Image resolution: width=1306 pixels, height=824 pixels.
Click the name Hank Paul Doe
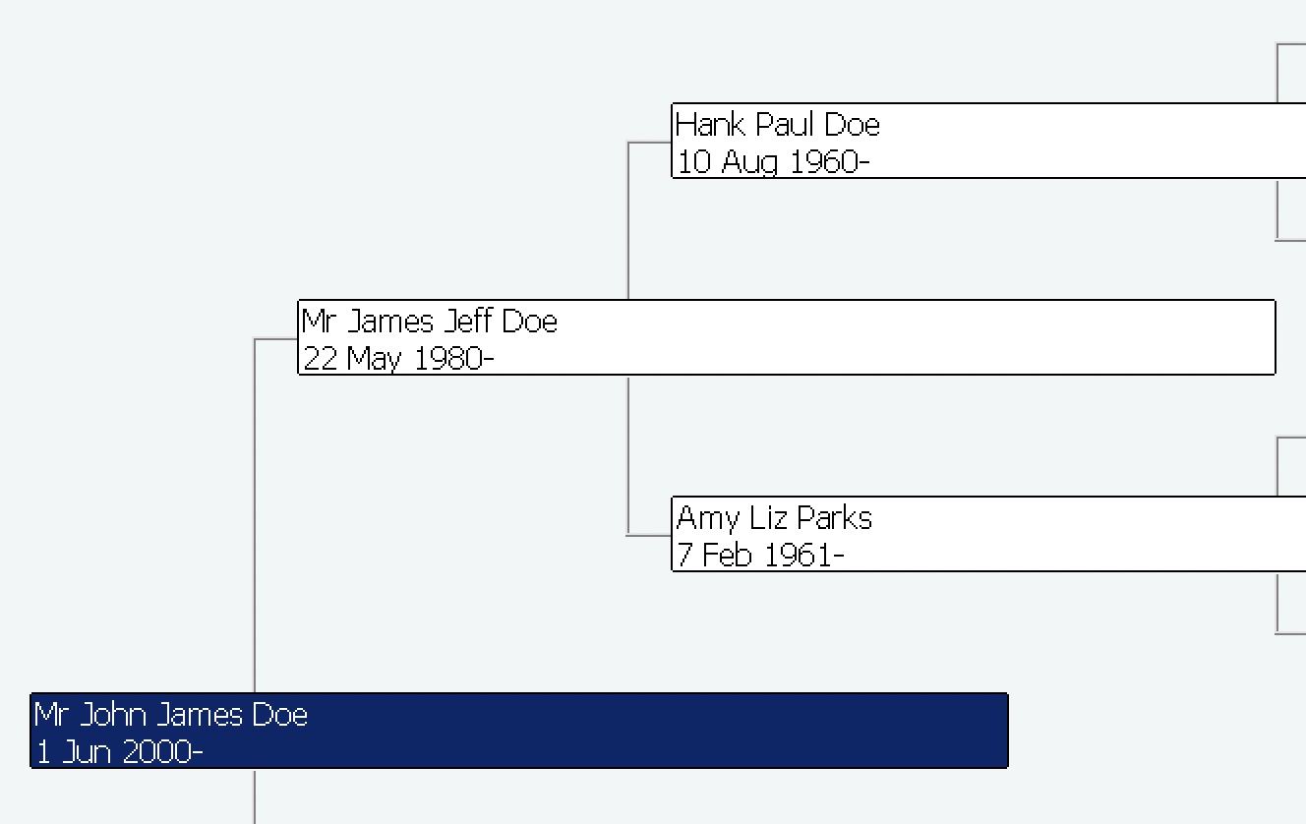[x=777, y=125]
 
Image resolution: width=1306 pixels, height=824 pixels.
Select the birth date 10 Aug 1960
[x=773, y=161]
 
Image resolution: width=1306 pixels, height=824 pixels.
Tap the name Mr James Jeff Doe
[x=430, y=322]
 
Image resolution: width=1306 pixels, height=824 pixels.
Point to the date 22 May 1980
[x=397, y=358]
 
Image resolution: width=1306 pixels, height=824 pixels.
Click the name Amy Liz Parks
[x=774, y=518]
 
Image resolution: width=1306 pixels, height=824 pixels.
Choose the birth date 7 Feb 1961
[x=759, y=555]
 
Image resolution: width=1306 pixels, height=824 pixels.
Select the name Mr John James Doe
[x=171, y=715]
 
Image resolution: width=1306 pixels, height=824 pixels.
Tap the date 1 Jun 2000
[x=119, y=752]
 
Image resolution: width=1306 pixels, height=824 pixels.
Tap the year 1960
[x=824, y=161]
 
